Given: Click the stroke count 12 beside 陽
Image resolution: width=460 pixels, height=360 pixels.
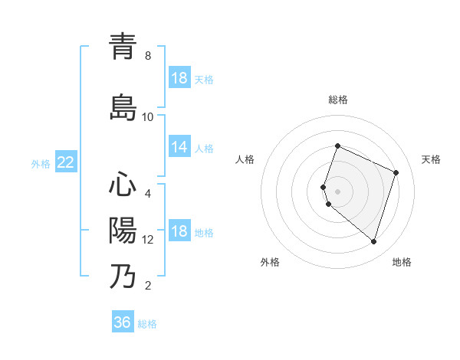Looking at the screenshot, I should point(148,240).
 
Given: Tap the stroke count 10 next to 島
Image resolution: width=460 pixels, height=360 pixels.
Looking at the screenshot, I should point(148,117).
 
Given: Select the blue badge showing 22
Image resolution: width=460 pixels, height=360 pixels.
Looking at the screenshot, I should point(66,162).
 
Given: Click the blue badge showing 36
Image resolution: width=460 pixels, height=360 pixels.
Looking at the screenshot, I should point(123,322).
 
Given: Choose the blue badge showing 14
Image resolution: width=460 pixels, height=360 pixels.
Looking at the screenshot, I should point(179,147).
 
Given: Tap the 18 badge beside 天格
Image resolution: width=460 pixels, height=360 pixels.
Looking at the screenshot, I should point(179,78).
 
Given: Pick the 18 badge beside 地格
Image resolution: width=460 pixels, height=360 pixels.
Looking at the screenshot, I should point(179,232).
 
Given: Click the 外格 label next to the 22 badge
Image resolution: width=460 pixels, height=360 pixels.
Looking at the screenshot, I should point(41,163).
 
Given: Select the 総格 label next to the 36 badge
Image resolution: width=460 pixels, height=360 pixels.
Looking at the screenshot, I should point(147,324).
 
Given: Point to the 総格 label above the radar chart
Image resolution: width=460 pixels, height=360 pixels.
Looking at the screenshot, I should point(338,100).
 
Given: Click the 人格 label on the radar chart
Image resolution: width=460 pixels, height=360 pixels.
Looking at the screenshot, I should point(245,159).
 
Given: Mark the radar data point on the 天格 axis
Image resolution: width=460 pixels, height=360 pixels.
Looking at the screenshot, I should point(396,172).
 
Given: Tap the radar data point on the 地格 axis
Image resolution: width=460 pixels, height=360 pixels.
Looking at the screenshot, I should point(373,242).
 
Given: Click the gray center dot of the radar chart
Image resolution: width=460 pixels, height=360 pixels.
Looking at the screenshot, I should point(338,191).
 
